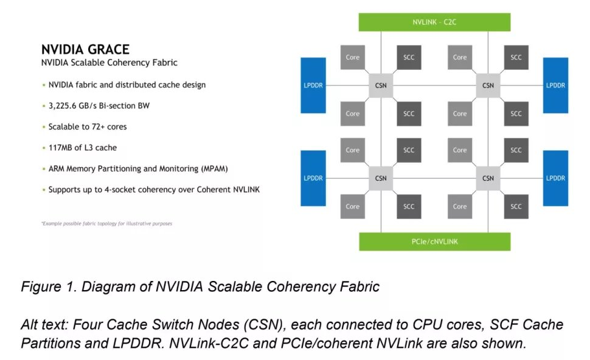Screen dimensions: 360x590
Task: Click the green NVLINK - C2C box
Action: [434, 22]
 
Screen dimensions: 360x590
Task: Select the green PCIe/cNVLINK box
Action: [434, 241]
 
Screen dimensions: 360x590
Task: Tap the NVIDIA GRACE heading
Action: [85, 50]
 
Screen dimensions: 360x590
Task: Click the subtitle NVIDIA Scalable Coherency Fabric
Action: [109, 63]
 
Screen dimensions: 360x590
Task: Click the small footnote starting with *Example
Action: [106, 224]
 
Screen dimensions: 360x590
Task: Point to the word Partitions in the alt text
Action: [52, 343]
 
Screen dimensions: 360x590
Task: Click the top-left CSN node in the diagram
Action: [381, 86]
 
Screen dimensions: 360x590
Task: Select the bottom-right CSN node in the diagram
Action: [488, 178]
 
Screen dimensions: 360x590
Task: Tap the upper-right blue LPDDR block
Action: [555, 85]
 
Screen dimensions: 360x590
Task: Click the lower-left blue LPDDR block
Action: [313, 178]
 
